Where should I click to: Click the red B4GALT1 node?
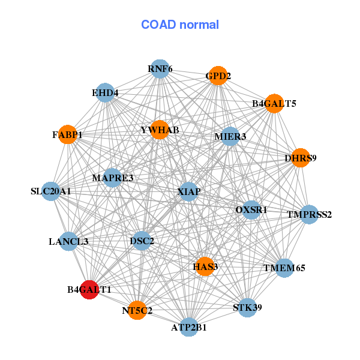pyautogui.click(x=89, y=290)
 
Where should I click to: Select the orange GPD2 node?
pyautogui.click(x=218, y=76)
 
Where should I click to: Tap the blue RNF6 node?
pyautogui.click(x=160, y=68)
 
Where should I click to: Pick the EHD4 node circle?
pyautogui.click(x=105, y=92)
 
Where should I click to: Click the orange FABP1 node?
pyautogui.click(x=68, y=134)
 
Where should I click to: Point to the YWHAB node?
pyautogui.click(x=160, y=130)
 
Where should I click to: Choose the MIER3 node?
pyautogui.click(x=230, y=136)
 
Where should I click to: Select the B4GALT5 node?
pyautogui.click(x=274, y=104)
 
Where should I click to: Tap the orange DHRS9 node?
pyautogui.click(x=301, y=158)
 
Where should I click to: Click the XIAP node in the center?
pyautogui.click(x=189, y=191)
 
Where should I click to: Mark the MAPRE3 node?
pyautogui.click(x=112, y=178)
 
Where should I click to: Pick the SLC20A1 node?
pyautogui.click(x=51, y=191)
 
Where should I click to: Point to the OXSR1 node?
pyautogui.click(x=251, y=209)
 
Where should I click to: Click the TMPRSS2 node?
pyautogui.click(x=309, y=214)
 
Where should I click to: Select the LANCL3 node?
pyautogui.click(x=68, y=241)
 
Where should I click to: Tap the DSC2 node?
pyautogui.click(x=142, y=241)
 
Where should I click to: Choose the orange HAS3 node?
pyautogui.click(x=205, y=266)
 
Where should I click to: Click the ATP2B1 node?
pyautogui.click(x=189, y=327)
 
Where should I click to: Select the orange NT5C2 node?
pyautogui.click(x=137, y=310)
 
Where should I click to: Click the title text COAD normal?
pyautogui.click(x=180, y=25)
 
